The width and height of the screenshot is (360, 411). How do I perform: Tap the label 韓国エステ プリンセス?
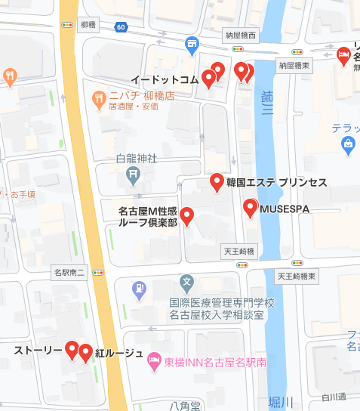click(x=275, y=183)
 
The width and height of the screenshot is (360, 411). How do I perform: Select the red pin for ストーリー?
click(x=72, y=350)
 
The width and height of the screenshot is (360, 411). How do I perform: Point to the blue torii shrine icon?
click(x=192, y=45)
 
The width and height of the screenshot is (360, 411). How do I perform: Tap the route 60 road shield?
click(x=122, y=27)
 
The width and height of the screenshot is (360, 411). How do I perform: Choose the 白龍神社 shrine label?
click(x=137, y=159)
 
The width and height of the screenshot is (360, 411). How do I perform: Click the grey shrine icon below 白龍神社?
click(x=133, y=177)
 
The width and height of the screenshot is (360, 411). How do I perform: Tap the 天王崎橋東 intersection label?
click(x=297, y=277)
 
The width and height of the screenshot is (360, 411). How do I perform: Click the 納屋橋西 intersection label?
click(x=242, y=36)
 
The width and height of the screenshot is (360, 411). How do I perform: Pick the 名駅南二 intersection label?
click(x=71, y=270)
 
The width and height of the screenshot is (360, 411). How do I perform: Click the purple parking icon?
click(x=139, y=288)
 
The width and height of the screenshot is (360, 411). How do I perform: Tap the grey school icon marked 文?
click(x=187, y=283)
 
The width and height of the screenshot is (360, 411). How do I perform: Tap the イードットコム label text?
click(x=165, y=79)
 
